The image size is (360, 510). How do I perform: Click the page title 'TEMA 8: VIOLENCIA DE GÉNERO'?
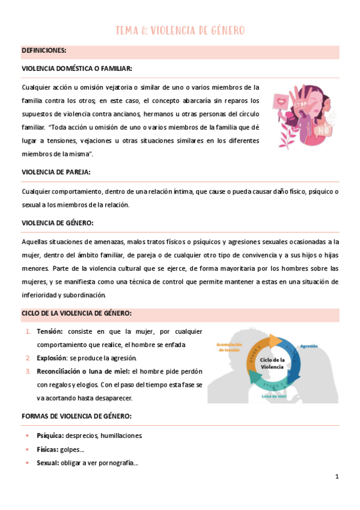180,31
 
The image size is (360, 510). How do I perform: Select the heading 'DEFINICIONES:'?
44,51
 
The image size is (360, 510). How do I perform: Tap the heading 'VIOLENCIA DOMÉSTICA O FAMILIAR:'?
77,69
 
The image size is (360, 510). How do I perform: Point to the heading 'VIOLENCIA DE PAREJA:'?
56,172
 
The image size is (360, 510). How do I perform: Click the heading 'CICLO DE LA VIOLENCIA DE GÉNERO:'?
76,313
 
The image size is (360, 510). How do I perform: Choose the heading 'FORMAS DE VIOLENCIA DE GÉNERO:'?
76,416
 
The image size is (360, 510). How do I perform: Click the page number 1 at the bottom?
337,476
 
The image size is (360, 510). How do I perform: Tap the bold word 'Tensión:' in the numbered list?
50,331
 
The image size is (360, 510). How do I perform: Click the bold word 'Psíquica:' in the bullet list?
50,435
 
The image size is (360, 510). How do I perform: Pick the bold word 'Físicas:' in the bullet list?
47,449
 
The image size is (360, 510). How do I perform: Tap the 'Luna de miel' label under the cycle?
275,396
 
